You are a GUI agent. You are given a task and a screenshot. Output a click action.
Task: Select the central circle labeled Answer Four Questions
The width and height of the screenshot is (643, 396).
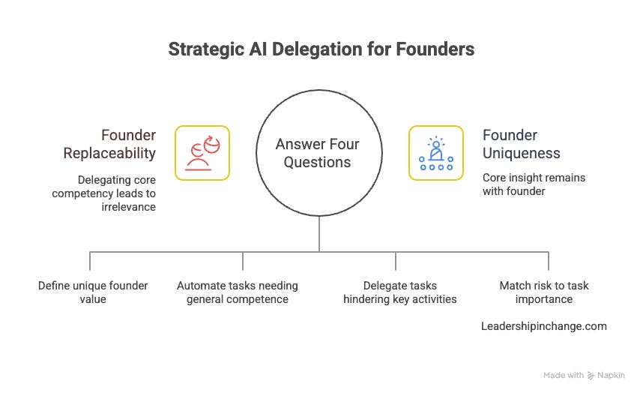click(318, 153)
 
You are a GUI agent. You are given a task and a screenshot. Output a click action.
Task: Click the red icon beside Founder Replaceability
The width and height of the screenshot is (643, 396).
click(202, 153)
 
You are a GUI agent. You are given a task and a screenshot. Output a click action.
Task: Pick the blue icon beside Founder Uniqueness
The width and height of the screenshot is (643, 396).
click(435, 153)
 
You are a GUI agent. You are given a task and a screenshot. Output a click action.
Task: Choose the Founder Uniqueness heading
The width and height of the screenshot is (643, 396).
click(522, 144)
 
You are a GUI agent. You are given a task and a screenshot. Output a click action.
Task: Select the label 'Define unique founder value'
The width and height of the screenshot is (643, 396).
click(93, 292)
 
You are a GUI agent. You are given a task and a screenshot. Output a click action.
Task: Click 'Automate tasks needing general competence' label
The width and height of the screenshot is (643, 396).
click(238, 292)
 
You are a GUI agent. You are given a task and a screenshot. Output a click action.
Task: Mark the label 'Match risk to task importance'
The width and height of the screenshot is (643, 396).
click(536, 292)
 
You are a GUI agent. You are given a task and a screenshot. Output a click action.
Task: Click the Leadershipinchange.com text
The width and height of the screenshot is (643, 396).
click(544, 326)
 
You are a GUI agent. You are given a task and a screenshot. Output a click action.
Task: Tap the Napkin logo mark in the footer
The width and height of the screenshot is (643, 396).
click(592, 374)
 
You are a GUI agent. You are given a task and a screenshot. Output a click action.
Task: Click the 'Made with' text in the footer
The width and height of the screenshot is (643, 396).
click(563, 374)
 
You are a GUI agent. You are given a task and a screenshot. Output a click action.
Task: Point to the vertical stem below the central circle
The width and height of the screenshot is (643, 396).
click(319, 234)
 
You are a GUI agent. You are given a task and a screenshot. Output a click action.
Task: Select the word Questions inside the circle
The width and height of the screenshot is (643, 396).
click(318, 162)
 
